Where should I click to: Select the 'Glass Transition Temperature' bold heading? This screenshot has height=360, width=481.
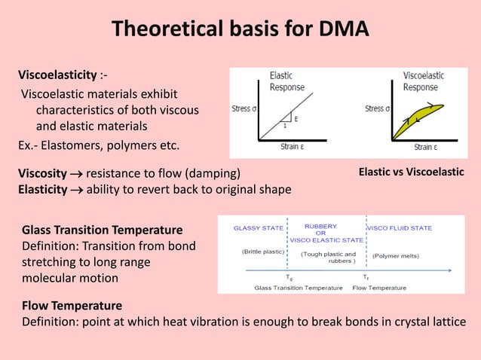pos(102,230)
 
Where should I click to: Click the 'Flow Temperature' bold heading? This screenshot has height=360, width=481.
pos(72,307)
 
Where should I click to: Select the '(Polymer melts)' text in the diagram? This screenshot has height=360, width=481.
pos(397,255)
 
